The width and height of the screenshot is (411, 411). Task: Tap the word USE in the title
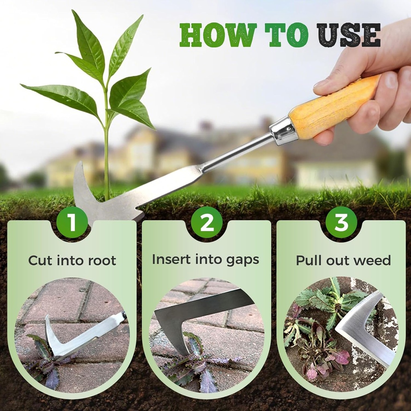348,35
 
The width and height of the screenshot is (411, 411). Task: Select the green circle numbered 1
72,222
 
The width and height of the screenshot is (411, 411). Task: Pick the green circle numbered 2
207,222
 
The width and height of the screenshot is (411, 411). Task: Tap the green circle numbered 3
341,222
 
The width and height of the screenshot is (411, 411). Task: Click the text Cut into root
72,260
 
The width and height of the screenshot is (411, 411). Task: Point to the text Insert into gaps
205,260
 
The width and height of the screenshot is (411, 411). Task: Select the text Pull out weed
343,260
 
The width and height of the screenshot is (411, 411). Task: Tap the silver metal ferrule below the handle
284,130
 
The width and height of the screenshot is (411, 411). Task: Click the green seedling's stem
106,153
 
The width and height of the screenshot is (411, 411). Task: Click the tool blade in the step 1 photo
80,341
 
